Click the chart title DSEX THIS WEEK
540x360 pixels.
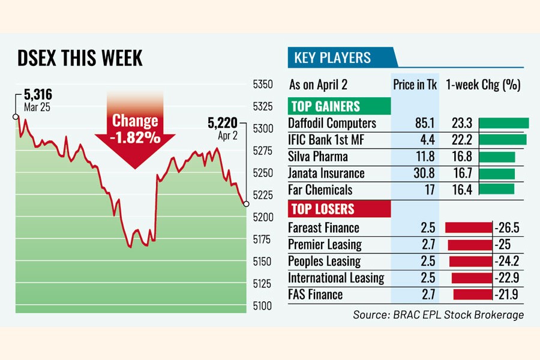pos(79,58)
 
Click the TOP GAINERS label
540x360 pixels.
pos(325,106)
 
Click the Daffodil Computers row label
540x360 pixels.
pos(332,124)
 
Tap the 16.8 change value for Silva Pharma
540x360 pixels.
pos(462,157)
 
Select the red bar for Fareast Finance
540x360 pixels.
pos(468,228)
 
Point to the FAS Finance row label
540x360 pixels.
pos(316,295)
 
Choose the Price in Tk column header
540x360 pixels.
pos(415,85)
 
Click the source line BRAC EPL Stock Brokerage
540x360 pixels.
pos(439,314)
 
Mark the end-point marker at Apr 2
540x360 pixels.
pos(247,204)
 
